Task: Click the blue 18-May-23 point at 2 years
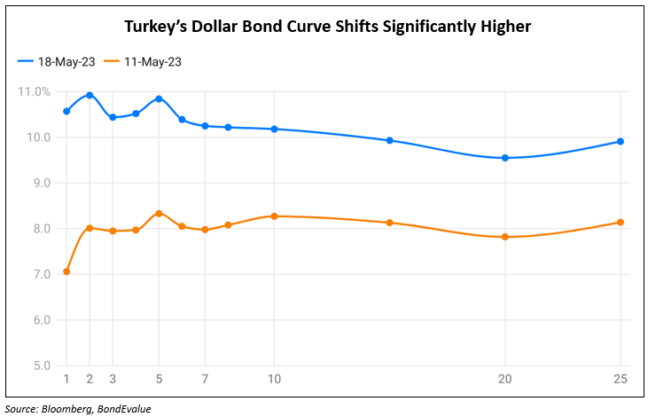[90, 95]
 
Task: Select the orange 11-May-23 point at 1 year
[66, 271]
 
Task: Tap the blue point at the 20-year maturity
[505, 158]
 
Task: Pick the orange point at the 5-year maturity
[159, 213]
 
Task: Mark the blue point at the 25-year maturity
[621, 141]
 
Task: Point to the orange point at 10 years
[275, 216]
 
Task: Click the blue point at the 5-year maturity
[159, 98]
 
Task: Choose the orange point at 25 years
[621, 222]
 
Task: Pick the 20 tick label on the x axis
[505, 379]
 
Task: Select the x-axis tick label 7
[205, 379]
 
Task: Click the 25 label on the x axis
[621, 379]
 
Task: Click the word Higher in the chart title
[501, 27]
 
